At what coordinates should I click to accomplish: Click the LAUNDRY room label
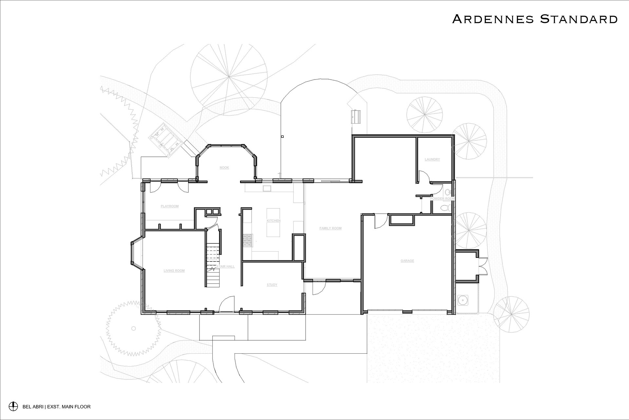click(x=432, y=159)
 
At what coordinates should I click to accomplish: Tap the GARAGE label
click(x=407, y=261)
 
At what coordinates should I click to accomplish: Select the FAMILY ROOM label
click(x=331, y=228)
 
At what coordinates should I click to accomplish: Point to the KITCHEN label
click(x=274, y=221)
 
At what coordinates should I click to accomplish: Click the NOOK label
click(x=224, y=168)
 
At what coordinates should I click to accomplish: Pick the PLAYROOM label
click(x=170, y=206)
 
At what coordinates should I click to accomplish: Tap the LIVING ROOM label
click(x=174, y=271)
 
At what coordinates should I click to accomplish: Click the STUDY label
click(x=272, y=285)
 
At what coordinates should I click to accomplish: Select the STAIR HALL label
click(x=226, y=266)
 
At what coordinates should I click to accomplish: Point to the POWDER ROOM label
click(x=442, y=199)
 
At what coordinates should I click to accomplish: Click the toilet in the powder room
click(x=446, y=208)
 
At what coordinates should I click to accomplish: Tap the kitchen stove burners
click(x=247, y=241)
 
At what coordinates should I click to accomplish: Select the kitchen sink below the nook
click(x=267, y=188)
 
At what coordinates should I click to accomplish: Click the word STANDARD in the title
click(x=579, y=19)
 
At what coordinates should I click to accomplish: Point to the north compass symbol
click(x=13, y=407)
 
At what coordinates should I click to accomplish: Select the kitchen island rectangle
click(x=274, y=222)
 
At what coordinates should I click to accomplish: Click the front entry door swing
click(x=226, y=304)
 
